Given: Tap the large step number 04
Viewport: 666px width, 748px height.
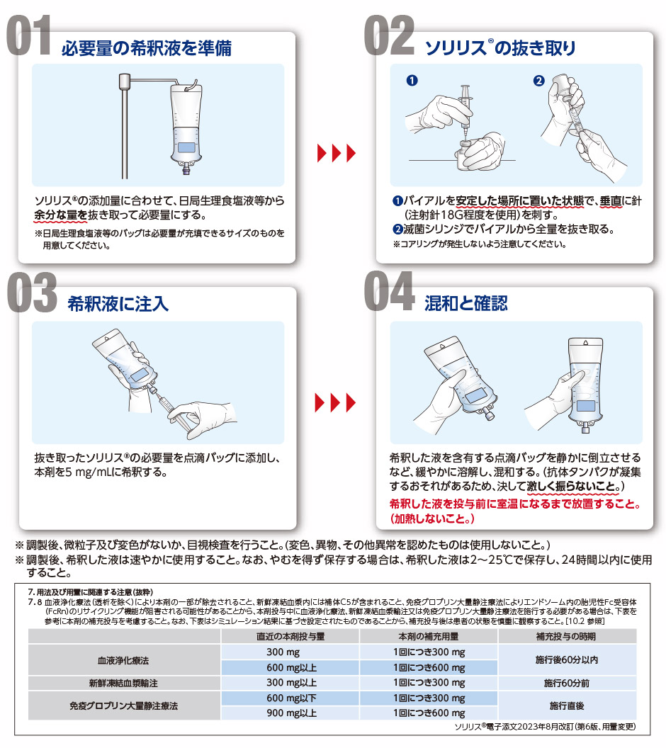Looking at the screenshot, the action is pyautogui.click(x=389, y=290).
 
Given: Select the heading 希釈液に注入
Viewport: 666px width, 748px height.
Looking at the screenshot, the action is pyautogui.click(x=118, y=303).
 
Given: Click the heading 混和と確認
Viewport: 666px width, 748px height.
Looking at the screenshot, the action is pyautogui.click(x=466, y=303).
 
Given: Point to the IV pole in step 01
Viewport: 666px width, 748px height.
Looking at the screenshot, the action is pyautogui.click(x=125, y=126).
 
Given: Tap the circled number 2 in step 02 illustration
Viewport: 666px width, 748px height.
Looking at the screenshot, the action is pyautogui.click(x=538, y=81).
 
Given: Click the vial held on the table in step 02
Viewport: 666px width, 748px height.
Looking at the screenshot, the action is pyautogui.click(x=465, y=153).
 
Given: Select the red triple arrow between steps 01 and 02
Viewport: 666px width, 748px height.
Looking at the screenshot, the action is pyautogui.click(x=337, y=153).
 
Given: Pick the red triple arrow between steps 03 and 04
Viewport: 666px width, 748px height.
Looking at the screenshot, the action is pyautogui.click(x=335, y=402).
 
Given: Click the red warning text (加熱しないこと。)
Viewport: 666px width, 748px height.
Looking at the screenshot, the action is pyautogui.click(x=432, y=518).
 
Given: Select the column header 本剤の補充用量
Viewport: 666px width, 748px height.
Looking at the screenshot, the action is pyautogui.click(x=429, y=636).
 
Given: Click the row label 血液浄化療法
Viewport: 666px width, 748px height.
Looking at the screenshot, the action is pyautogui.click(x=123, y=660).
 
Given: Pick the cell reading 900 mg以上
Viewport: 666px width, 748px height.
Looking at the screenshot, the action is pyautogui.click(x=291, y=713).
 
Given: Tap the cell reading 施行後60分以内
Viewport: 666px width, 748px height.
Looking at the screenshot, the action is pyautogui.click(x=566, y=659).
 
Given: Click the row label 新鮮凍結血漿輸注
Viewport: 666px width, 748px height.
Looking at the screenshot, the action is pyautogui.click(x=123, y=683).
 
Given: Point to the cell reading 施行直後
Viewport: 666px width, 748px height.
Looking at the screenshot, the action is pyautogui.click(x=566, y=705).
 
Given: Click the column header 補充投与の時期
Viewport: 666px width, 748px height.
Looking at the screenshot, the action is pyautogui.click(x=566, y=636).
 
